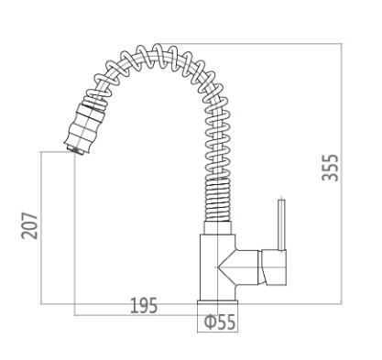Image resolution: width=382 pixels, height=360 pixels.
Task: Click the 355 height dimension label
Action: click(x=331, y=168)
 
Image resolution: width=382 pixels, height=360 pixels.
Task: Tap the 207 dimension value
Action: click(x=29, y=226)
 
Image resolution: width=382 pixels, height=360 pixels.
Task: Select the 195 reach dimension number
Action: click(x=144, y=305)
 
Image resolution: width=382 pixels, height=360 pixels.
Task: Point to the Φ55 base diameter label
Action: click(x=220, y=322)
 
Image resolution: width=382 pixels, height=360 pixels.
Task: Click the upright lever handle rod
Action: click(x=281, y=225)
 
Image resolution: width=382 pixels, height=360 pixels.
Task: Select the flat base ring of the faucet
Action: click(x=217, y=302)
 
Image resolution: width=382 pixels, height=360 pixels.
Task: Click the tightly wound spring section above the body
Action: click(x=217, y=200)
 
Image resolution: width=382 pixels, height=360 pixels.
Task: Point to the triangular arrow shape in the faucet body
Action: click(x=226, y=267)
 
